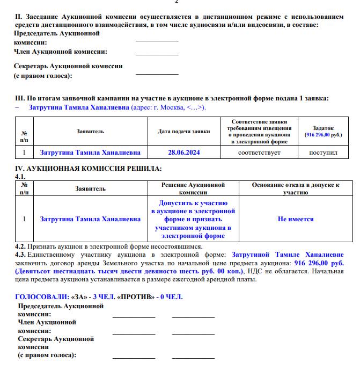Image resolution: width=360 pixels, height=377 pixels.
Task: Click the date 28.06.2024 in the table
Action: [x=183, y=153]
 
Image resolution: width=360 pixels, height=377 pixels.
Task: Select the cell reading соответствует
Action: [x=259, y=153]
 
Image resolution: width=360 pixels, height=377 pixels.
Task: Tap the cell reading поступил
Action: [x=323, y=153]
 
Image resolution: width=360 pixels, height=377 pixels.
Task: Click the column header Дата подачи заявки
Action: [x=183, y=132]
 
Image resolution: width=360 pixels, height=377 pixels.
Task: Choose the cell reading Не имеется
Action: [x=296, y=219]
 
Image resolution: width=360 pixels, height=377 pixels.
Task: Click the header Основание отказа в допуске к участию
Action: [x=296, y=188]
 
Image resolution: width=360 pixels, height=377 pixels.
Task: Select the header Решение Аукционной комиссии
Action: [x=193, y=188]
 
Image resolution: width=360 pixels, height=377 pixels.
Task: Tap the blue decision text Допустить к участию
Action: [x=193, y=204]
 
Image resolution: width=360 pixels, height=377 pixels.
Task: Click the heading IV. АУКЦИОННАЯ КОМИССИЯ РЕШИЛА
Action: [x=88, y=169]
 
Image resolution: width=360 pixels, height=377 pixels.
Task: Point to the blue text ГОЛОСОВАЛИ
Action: [x=40, y=296]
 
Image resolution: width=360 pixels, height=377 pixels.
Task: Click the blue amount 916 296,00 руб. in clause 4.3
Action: [x=319, y=263]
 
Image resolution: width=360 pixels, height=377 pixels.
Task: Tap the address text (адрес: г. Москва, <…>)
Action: [x=168, y=107]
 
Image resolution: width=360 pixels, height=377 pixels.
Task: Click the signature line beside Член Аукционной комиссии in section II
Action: [x=157, y=54]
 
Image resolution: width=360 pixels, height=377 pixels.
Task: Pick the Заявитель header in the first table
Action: [x=90, y=132]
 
